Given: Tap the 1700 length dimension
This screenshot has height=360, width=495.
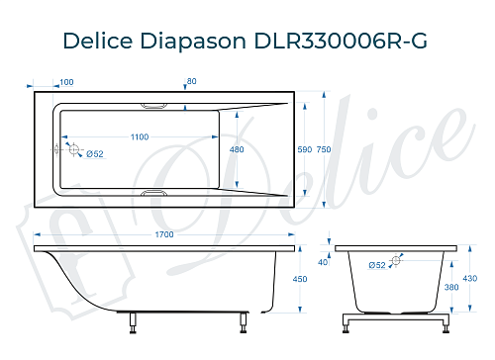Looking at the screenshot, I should click(164, 234).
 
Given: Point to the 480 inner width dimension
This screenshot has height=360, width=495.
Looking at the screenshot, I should click(237, 148).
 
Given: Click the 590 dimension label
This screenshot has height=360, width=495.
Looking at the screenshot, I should click(305, 148).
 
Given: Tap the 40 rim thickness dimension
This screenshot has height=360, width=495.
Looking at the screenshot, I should click(323, 262).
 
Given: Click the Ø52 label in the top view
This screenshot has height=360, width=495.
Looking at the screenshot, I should click(95, 153).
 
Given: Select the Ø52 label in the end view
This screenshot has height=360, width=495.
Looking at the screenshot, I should click(377, 265).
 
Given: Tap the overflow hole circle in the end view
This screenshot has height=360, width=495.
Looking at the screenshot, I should click(396, 261).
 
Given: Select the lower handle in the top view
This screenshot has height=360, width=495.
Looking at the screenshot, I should click(155, 194).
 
